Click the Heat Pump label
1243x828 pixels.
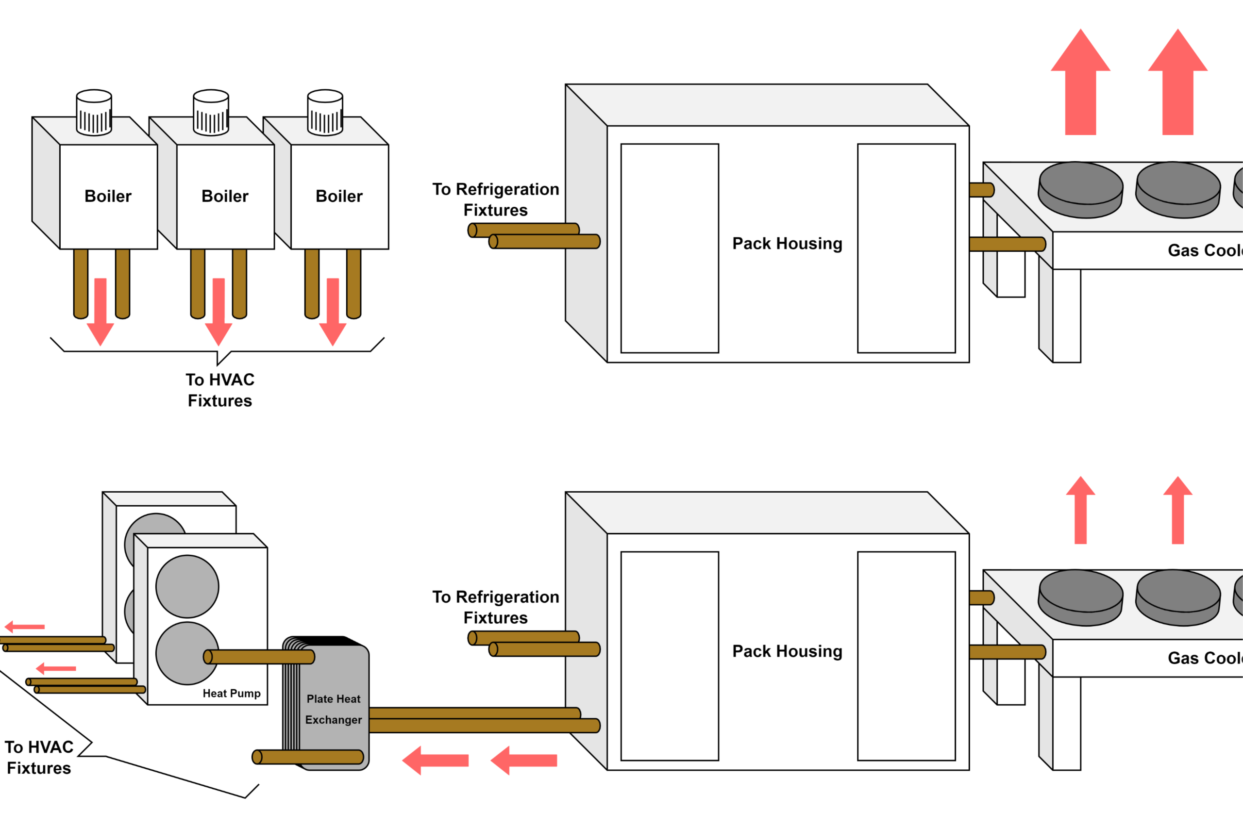tap(232, 694)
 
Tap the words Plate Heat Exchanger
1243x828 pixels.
tap(334, 709)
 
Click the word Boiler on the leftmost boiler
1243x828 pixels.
tap(108, 196)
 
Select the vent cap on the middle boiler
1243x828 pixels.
tap(211, 112)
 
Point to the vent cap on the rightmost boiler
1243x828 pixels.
tap(325, 112)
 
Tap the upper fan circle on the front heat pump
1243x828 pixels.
tap(187, 586)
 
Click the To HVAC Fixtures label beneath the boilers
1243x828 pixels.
tap(220, 390)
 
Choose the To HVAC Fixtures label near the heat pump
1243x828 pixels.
tap(38, 757)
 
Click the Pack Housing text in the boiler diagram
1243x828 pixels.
tap(787, 244)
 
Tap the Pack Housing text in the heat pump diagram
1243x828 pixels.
tap(787, 651)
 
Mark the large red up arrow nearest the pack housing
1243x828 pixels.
tap(1080, 84)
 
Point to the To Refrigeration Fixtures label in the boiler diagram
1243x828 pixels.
tap(496, 199)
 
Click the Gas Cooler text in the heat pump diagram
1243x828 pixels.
tap(1205, 658)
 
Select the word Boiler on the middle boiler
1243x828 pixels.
tap(224, 196)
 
